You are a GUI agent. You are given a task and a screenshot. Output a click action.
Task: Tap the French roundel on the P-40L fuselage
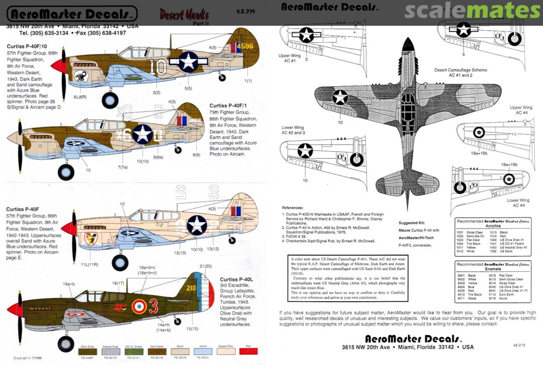tap(138, 305)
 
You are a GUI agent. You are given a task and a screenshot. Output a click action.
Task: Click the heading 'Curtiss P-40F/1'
tap(228, 106)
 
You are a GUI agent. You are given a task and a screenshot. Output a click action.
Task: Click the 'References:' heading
tap(293, 207)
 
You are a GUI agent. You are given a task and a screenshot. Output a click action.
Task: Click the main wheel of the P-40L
tap(66, 344)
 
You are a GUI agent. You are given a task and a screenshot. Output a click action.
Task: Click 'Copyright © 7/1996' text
tap(28, 358)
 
